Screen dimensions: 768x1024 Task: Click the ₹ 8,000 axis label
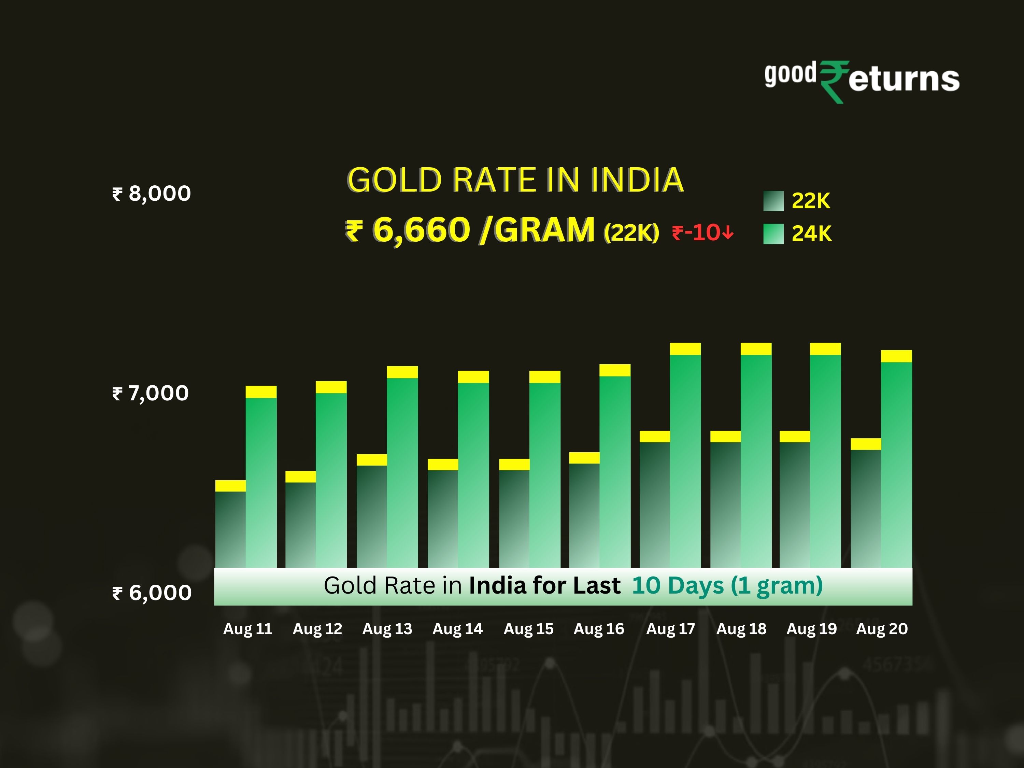151,194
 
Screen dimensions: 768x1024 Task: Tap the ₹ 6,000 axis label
152,593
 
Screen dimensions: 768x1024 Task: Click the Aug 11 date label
248,629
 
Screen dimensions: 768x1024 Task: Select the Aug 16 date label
599,629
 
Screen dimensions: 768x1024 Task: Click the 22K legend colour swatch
773,201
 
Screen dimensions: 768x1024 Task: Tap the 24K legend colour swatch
773,234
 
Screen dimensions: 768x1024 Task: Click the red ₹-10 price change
702,232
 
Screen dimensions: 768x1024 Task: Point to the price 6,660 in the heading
421,230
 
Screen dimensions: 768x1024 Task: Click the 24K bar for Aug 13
402,472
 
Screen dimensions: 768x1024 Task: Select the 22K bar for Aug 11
230,528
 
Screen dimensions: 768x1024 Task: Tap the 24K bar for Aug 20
896,463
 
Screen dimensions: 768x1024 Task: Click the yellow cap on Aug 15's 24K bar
545,377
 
